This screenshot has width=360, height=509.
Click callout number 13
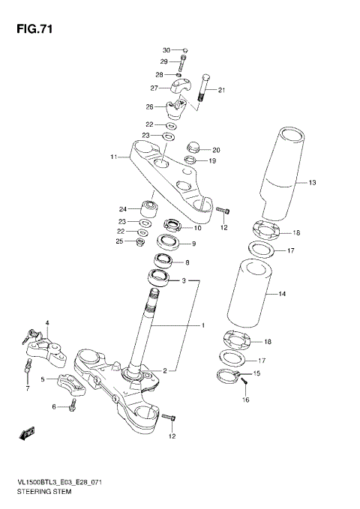[313, 182]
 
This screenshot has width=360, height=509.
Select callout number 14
[302, 295]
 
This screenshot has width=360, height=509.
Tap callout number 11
[114, 157]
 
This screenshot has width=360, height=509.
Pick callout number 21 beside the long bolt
[221, 91]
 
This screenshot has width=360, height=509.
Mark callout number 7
[27, 390]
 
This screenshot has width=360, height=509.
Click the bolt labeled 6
[73, 406]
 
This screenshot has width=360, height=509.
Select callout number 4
[46, 323]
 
